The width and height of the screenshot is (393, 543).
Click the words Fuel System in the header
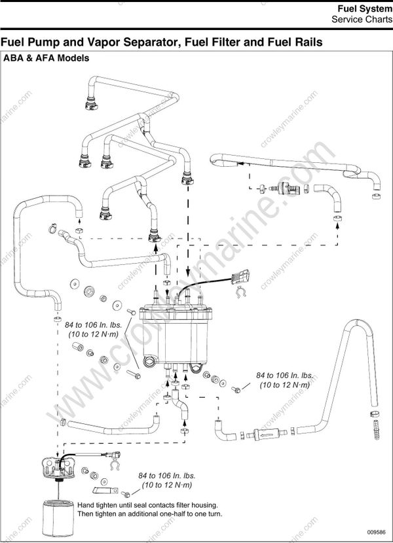click(364, 9)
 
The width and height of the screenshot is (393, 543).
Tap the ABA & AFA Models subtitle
click(47, 58)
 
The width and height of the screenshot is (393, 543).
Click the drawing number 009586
click(376, 533)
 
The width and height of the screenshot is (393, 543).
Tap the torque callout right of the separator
click(284, 380)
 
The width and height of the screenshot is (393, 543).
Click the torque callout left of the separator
click(92, 328)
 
